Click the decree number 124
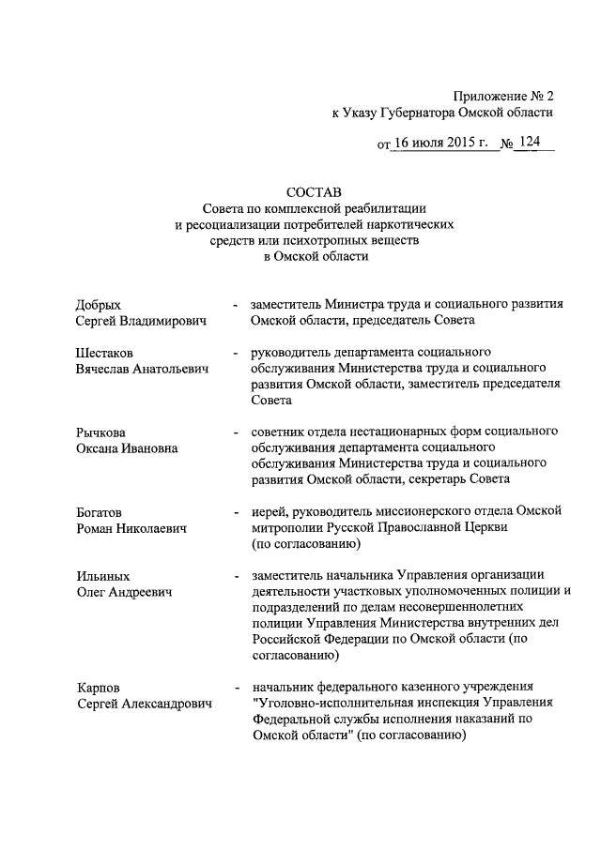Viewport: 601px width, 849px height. click(x=531, y=144)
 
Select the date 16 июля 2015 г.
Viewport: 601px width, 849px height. click(x=442, y=144)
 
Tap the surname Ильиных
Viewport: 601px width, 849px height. click(x=102, y=575)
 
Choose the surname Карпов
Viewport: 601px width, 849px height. click(x=99, y=688)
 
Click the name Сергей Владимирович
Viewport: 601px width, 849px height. click(x=141, y=321)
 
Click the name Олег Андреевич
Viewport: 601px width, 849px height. click(x=122, y=592)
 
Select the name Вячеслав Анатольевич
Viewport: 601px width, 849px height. click(x=142, y=369)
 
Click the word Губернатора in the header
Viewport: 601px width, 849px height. click(x=408, y=112)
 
